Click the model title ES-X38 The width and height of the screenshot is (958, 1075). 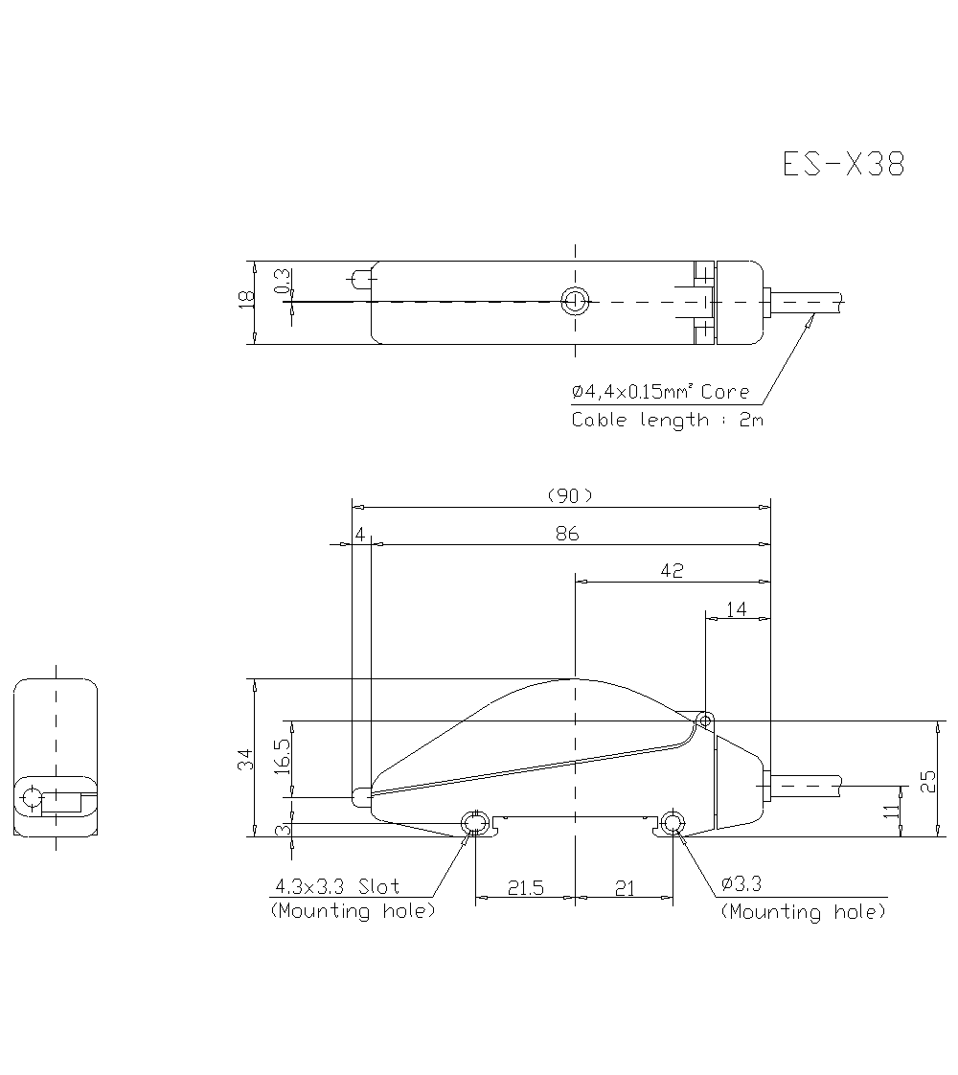[843, 165]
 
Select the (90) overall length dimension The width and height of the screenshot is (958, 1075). [570, 495]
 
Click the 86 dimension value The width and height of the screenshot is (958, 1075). [567, 534]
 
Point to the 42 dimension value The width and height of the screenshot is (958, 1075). [673, 570]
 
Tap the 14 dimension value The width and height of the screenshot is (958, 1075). [737, 608]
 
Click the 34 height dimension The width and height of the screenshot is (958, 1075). [246, 760]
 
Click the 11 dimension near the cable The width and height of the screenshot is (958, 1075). [892, 812]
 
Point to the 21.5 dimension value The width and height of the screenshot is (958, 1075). [525, 888]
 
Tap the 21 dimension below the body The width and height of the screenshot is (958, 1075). [624, 888]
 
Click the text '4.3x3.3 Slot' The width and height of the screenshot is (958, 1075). [337, 886]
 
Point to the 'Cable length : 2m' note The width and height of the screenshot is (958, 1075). [668, 420]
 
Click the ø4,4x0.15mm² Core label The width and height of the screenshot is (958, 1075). [660, 392]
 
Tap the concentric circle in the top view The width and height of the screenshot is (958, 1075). [575, 302]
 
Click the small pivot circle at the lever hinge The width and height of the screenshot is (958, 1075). [705, 719]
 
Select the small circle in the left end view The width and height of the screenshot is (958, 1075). [31, 796]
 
